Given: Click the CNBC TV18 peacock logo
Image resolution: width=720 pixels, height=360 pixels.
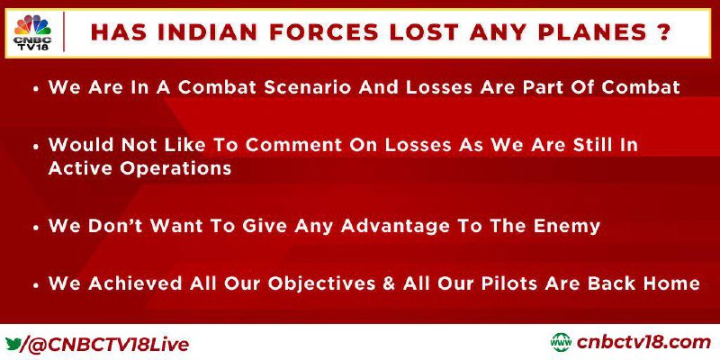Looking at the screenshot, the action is click(32, 32).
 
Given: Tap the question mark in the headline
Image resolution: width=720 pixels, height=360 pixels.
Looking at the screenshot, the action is click(662, 32).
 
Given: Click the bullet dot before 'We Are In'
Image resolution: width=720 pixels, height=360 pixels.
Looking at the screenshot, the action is click(36, 88).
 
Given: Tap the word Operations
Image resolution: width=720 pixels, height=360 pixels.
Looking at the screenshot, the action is click(175, 169).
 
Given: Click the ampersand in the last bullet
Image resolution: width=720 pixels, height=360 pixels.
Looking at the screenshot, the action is click(389, 283).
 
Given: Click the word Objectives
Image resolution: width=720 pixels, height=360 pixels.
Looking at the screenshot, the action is click(322, 283).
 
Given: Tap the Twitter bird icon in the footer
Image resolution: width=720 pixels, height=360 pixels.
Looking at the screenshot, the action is click(13, 344).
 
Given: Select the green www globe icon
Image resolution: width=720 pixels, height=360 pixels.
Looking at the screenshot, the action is click(561, 343).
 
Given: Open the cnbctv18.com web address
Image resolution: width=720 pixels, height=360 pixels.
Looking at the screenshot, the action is click(643, 343).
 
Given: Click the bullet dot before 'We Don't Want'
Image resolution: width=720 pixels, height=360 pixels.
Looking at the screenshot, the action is click(36, 228).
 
